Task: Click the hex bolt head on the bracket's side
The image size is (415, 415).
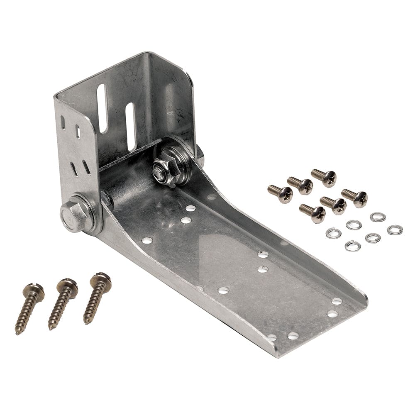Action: pos(74,214)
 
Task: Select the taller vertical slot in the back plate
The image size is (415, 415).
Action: pos(102,108)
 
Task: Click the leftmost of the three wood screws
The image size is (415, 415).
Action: pos(29,307)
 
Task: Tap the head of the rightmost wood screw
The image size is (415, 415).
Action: pos(101,278)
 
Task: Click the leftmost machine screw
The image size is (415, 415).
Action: pos(281,193)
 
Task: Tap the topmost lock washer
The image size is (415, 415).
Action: pos(378,217)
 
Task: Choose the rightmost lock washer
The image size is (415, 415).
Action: pos(395,229)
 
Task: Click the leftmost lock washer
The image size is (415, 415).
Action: pos(333,233)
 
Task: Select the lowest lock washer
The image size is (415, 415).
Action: pos(352,246)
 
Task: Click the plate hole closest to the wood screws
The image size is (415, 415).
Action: pos(147,240)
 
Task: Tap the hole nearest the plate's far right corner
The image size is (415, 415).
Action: pos(337,301)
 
